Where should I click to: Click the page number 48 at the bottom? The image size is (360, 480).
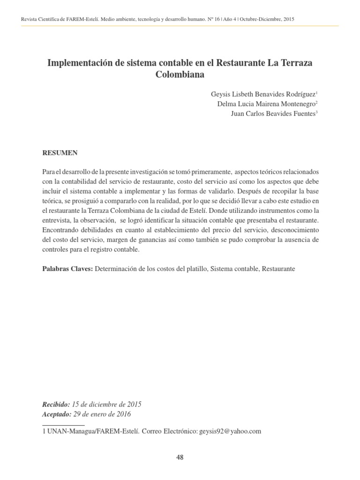(x=180, y=458)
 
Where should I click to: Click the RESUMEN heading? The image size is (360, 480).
(x=60, y=153)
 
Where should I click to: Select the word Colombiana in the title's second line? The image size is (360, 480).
(x=180, y=75)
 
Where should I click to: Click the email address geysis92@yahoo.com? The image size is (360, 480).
(x=230, y=431)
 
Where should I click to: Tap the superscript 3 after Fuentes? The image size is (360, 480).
(x=317, y=112)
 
